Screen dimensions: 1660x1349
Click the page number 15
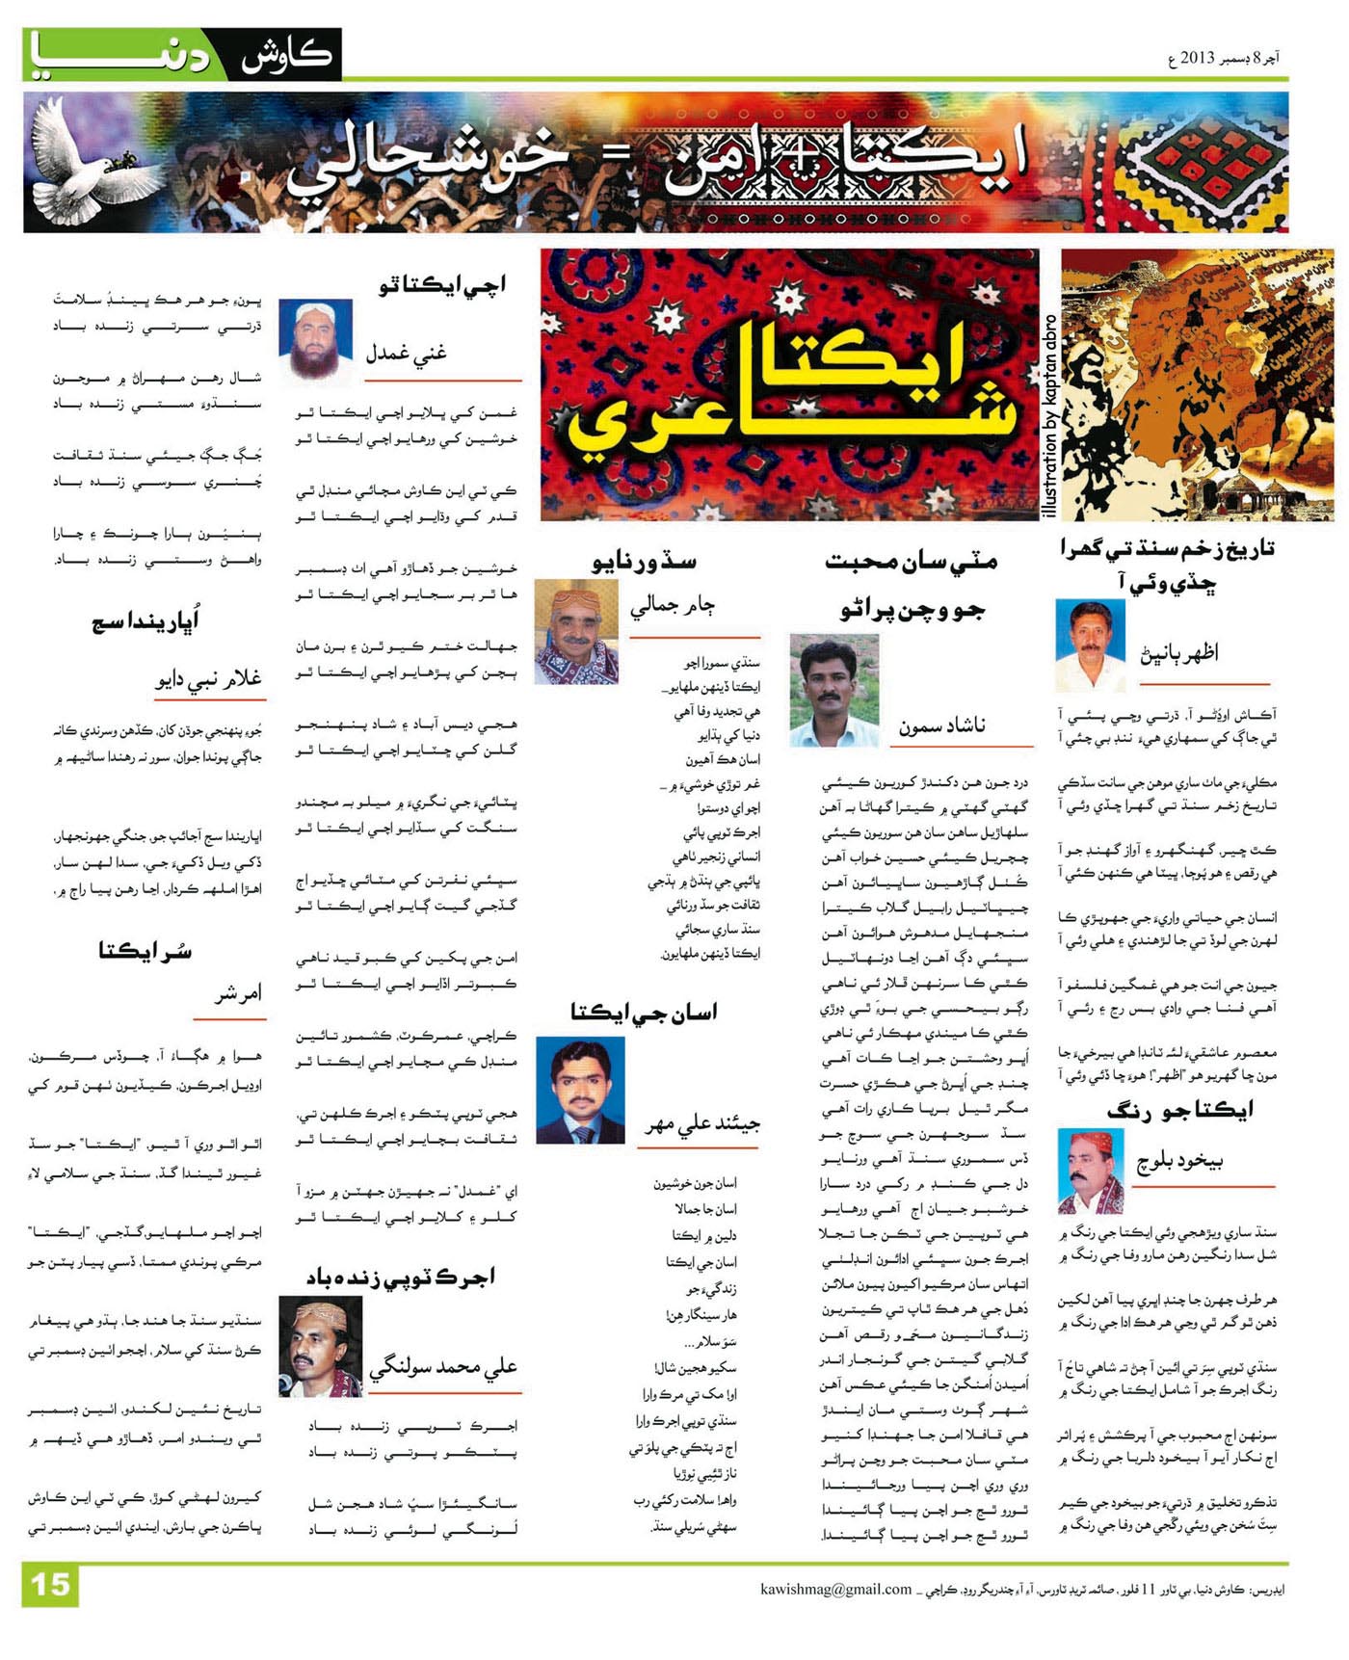49,1585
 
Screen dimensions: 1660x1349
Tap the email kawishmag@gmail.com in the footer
835,1590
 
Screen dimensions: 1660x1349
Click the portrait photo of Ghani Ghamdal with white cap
316,341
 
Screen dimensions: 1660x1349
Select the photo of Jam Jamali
576,632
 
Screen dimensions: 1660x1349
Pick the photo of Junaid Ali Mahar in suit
580,1091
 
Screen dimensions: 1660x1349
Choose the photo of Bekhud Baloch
1091,1171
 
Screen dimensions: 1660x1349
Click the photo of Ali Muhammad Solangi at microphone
321,1346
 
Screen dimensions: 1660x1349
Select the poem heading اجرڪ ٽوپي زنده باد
401,1278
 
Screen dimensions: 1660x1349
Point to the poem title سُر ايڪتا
145,951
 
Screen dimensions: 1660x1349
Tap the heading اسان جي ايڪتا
644,1012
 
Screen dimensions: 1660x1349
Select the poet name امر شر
238,993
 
